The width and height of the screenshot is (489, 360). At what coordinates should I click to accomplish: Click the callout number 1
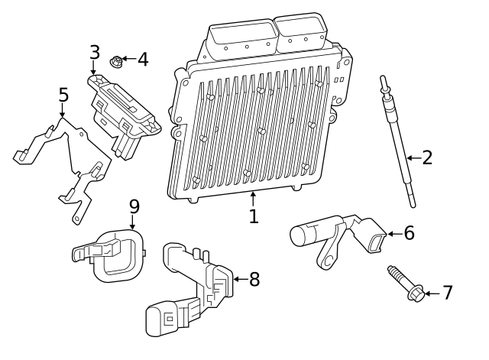[x=254, y=216]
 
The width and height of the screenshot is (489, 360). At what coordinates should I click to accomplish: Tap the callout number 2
[x=427, y=158]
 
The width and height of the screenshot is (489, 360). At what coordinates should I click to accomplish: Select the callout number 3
[x=94, y=53]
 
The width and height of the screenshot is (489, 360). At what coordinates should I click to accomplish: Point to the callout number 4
[x=142, y=59]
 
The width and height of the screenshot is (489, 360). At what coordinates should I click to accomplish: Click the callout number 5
[x=63, y=96]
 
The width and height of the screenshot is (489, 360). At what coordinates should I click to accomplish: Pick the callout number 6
[x=409, y=233]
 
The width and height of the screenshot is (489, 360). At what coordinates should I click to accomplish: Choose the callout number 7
[x=448, y=293]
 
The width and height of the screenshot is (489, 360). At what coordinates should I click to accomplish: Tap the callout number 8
[x=254, y=280]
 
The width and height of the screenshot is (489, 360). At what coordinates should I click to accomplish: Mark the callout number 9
[x=134, y=206]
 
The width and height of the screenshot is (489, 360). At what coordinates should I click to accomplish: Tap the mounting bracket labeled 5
[x=73, y=164]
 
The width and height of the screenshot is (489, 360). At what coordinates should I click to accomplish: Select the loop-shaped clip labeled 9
[x=115, y=256]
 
